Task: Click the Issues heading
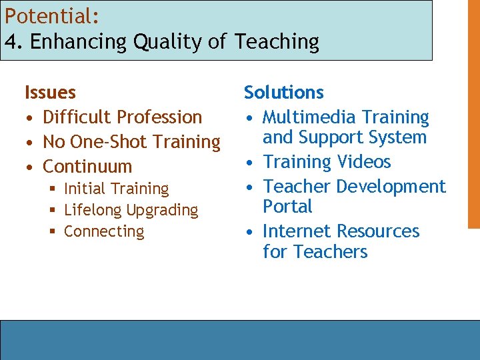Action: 50,92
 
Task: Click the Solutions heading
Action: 283,92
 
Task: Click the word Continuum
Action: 87,166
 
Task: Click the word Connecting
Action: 104,231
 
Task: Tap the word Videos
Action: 364,161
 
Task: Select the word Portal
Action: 287,207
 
